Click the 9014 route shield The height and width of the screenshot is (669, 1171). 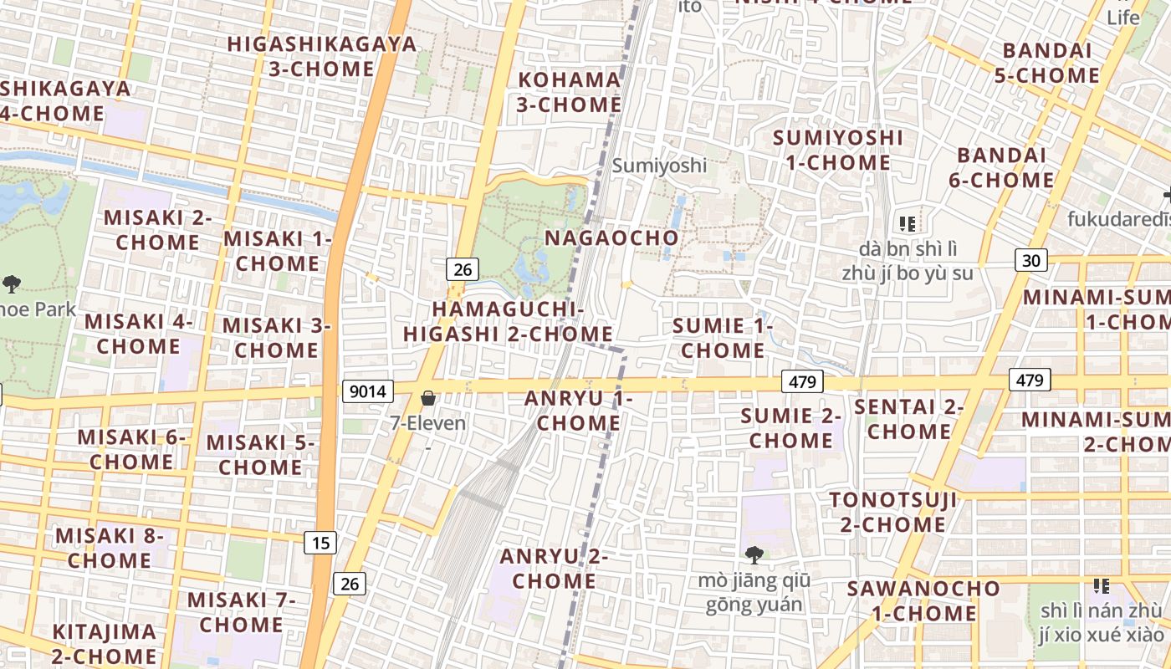coord(367,391)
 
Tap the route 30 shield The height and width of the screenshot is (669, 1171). coord(1031,260)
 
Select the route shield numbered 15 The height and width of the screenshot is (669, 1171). coord(320,544)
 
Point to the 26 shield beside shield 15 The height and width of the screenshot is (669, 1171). coord(350,583)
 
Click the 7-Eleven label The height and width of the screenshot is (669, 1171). coord(428,423)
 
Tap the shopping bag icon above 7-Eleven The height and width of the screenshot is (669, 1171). coord(428,399)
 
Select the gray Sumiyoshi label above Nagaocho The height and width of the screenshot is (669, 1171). coord(659,166)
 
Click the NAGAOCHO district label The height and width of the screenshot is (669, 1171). coord(611,238)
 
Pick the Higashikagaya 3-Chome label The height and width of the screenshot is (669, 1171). coord(322,56)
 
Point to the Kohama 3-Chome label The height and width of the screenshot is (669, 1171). coord(570,92)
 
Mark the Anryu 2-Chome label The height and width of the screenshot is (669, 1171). coord(554,569)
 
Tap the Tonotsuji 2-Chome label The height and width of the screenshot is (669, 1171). coord(892,513)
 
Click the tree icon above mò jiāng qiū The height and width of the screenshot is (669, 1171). coord(754,554)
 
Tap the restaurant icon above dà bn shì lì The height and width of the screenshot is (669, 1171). coord(908,223)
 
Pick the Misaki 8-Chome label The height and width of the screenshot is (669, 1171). coord(110,548)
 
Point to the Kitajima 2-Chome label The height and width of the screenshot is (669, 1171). coord(104,644)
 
